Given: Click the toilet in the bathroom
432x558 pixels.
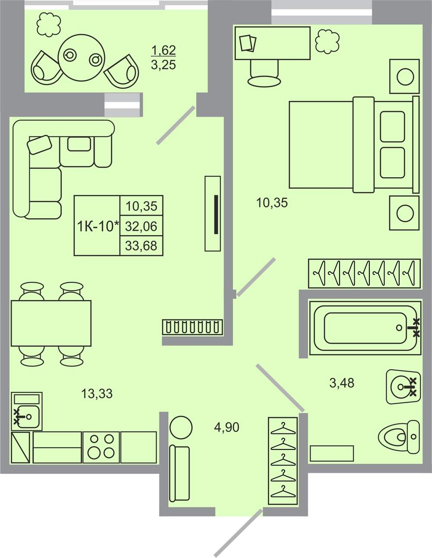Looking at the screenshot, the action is (399, 437).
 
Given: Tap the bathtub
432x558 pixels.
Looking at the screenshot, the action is (365, 328).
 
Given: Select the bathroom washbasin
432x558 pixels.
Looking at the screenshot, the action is (403, 387).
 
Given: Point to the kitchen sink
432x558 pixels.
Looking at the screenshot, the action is (27, 411).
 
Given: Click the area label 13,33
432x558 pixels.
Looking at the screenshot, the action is (97, 394).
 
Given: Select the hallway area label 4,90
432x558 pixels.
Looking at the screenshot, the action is (227, 427).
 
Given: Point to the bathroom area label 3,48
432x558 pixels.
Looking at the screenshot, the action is (342, 383).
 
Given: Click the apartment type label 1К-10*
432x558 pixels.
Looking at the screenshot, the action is (98, 226).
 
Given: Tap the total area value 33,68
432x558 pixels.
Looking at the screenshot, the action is (141, 246).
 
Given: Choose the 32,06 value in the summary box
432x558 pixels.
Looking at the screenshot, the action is (141, 226).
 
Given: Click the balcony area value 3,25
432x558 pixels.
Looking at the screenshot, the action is (163, 65).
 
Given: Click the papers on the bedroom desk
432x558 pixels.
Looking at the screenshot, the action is (248, 43).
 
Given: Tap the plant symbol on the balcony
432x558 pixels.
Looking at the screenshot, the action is (49, 25).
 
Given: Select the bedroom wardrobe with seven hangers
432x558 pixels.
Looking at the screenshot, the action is (364, 273).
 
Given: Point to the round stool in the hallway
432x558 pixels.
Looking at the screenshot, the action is (181, 427).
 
